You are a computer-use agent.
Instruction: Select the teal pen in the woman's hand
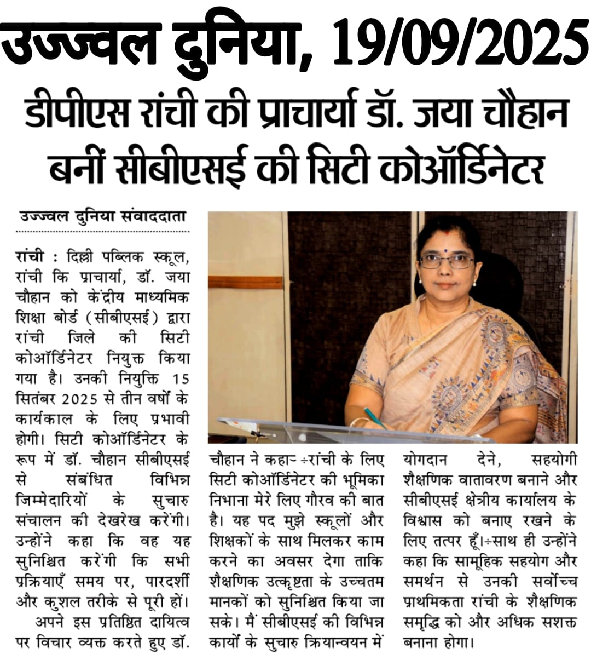pos(374,417)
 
